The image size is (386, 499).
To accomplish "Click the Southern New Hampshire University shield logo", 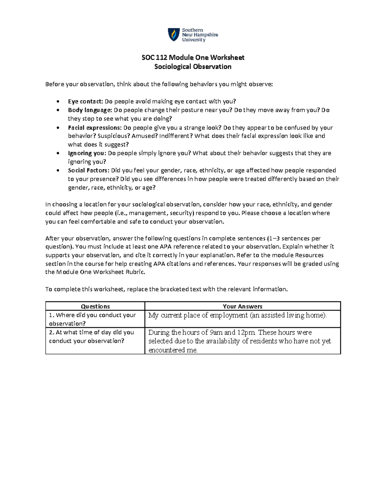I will (174, 34).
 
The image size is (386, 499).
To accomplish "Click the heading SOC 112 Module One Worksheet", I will (193, 58).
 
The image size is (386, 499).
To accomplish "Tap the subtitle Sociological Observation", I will (193, 67).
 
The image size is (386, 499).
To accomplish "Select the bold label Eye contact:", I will (85, 102).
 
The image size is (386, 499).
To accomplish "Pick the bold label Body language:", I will (90, 110).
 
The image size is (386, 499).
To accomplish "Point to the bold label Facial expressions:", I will (95, 128).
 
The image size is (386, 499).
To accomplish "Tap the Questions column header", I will (95, 306).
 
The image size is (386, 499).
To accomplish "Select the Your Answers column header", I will (243, 306).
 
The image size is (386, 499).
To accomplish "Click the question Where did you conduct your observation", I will (92, 319).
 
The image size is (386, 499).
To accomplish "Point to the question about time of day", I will (91, 336).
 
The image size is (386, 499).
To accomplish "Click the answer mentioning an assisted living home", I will (237, 315).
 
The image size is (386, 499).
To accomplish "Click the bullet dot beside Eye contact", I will (58, 102).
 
